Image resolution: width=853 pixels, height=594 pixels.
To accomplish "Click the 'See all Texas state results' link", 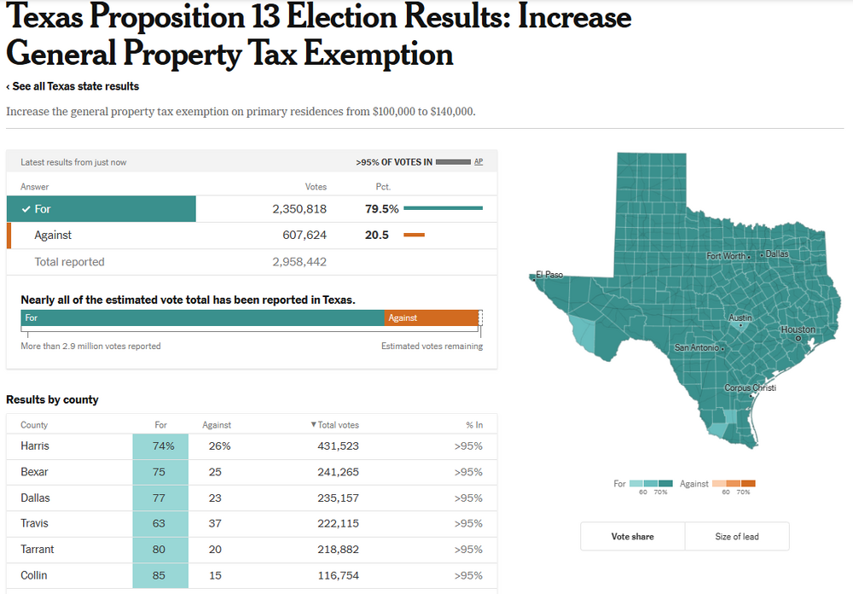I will [x=73, y=86].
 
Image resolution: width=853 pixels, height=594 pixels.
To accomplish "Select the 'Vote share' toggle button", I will [x=632, y=537].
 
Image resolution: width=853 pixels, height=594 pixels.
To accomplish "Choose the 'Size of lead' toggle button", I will [x=737, y=537].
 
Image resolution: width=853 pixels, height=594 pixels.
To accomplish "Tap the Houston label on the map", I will [x=798, y=329].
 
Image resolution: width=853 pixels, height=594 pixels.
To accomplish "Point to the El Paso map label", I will [x=549, y=275].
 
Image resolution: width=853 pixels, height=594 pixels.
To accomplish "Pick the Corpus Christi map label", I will [x=750, y=388].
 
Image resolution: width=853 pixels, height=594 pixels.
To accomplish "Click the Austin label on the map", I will [x=740, y=317].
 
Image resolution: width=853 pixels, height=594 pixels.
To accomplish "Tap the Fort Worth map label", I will [x=726, y=255].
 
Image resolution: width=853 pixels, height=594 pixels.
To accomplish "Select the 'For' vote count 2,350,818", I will [x=299, y=209].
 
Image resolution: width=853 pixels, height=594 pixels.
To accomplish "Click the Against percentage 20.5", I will [x=377, y=235].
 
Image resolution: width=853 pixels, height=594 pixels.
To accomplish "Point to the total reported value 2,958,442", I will [x=299, y=262].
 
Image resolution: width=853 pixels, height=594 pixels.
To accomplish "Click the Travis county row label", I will [x=35, y=523].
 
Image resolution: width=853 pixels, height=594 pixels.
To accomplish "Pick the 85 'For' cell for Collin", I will [x=160, y=575].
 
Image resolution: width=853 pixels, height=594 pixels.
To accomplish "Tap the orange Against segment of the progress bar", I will [x=432, y=317].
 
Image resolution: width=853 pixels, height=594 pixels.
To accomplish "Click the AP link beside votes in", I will [x=479, y=161].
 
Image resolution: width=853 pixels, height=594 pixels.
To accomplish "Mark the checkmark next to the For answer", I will [x=26, y=209].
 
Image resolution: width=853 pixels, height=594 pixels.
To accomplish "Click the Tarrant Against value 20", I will [x=215, y=550].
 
